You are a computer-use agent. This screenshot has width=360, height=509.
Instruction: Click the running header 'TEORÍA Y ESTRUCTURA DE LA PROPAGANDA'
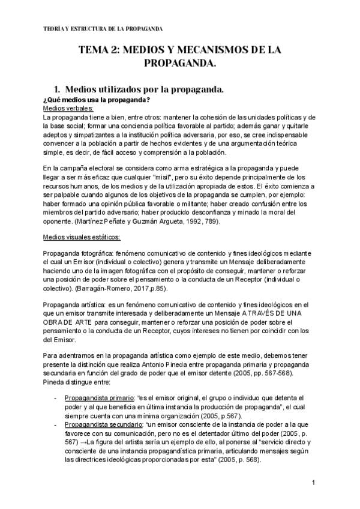(104, 29)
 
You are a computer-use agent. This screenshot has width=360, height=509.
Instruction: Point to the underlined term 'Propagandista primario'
(98, 397)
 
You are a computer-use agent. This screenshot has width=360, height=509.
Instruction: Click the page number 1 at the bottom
(314, 483)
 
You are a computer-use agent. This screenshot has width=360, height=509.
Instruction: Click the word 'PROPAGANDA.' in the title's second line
(180, 62)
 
